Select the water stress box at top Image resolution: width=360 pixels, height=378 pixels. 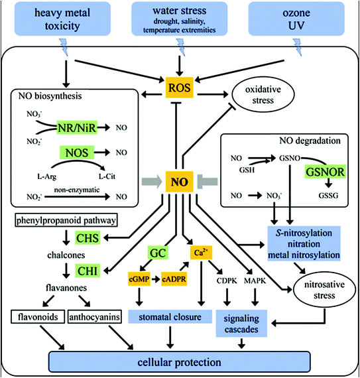(179, 18)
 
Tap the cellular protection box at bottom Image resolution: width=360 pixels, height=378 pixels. (180, 362)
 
